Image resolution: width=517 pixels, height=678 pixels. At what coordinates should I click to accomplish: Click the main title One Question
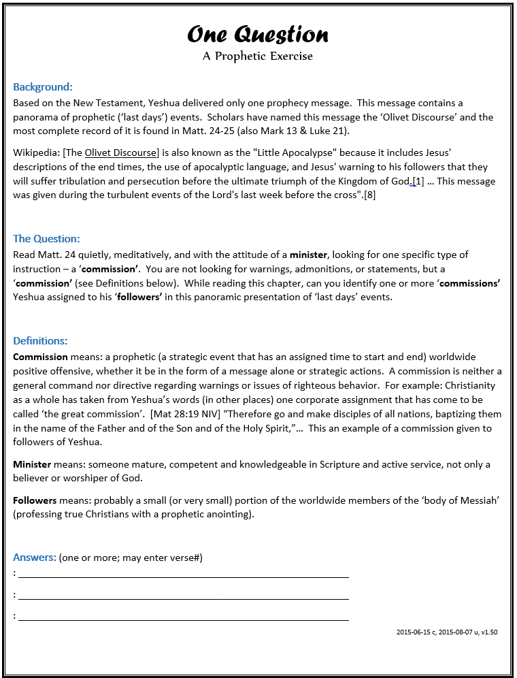(258, 34)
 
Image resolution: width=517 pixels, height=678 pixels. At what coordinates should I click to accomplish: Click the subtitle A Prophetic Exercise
(258, 56)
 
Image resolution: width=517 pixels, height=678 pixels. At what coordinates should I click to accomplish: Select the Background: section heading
(43, 87)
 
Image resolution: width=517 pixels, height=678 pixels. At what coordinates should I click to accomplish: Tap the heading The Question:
(46, 238)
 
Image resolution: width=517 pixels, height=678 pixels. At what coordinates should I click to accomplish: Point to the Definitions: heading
(40, 340)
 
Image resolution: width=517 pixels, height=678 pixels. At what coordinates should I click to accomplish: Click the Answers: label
(34, 558)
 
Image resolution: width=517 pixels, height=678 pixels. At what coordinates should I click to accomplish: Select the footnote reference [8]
(369, 195)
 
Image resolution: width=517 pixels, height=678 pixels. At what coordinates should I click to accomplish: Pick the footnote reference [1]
(418, 181)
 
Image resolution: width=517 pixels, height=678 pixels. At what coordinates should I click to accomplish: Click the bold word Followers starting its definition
(35, 500)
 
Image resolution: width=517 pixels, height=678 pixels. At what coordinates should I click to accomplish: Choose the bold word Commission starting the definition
(40, 357)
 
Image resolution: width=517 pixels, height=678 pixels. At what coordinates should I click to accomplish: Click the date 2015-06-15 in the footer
(414, 632)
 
